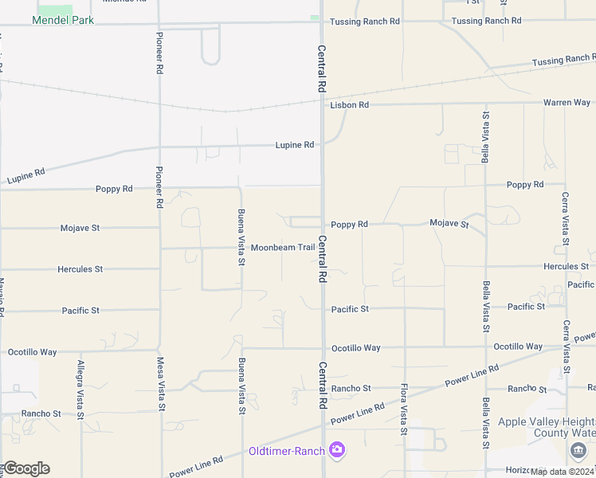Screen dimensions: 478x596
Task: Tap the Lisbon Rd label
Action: (350, 104)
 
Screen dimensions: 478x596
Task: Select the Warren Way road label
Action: (567, 103)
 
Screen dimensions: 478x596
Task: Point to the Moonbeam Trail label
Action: (283, 248)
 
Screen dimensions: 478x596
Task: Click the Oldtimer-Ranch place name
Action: (286, 452)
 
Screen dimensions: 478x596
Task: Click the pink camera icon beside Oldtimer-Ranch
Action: (337, 451)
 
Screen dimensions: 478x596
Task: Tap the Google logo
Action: (26, 468)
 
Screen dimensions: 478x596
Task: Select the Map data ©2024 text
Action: (563, 472)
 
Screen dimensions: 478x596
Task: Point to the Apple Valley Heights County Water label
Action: (547, 428)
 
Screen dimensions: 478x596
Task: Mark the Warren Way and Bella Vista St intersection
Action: (485, 103)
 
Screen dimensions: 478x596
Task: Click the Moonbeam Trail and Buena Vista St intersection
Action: (241, 248)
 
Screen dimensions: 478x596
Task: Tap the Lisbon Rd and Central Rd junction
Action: (323, 104)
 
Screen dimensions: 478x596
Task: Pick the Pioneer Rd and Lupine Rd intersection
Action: (160, 147)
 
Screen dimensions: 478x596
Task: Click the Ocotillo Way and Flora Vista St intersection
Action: (405, 347)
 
